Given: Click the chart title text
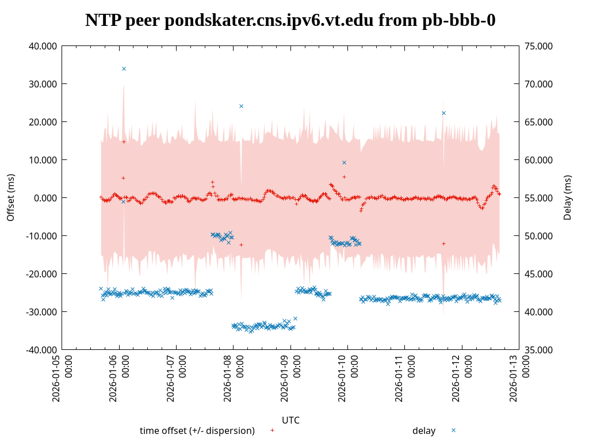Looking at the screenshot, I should click(290, 20).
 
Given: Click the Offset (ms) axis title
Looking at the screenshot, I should click(11, 197).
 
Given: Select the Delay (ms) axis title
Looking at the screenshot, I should click(568, 197).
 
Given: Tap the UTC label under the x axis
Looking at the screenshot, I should click(290, 420).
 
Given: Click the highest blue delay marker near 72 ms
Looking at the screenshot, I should click(124, 68).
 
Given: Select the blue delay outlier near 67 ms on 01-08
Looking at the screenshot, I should click(241, 106).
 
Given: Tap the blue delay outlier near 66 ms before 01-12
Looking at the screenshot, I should click(443, 113).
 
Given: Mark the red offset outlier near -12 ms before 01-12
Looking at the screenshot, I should click(443, 243).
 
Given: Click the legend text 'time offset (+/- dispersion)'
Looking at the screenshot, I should click(197, 430).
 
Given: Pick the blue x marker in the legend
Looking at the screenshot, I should click(453, 430).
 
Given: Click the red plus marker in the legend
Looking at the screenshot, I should click(272, 430).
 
